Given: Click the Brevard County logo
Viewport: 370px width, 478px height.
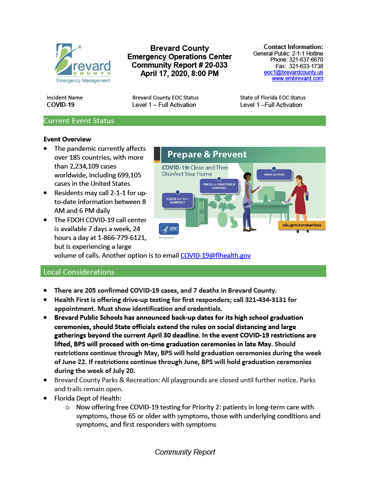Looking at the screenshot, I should click(83, 63).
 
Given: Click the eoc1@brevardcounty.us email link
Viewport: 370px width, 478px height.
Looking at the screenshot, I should click(293, 72).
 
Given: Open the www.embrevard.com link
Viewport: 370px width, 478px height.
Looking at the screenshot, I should click(298, 78).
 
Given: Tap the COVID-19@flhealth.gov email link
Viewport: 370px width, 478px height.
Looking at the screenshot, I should click(215, 255).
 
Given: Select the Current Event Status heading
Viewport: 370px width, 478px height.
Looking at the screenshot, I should click(79, 121).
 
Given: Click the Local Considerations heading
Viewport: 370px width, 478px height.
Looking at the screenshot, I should click(79, 272).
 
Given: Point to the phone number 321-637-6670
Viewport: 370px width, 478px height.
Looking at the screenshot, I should click(306, 60).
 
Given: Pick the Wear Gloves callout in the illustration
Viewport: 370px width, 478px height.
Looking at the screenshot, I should click(274, 175).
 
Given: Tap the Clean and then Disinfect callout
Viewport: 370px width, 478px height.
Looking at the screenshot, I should click(177, 199).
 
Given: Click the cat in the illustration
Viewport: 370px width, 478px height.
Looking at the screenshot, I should click(233, 223).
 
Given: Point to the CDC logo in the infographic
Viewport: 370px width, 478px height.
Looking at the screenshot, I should click(169, 229).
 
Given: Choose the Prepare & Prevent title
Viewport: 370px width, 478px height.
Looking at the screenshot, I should click(207, 155).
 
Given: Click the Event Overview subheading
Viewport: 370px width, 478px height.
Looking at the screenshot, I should click(67, 139).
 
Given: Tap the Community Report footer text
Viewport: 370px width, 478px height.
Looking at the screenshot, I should click(185, 452).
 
